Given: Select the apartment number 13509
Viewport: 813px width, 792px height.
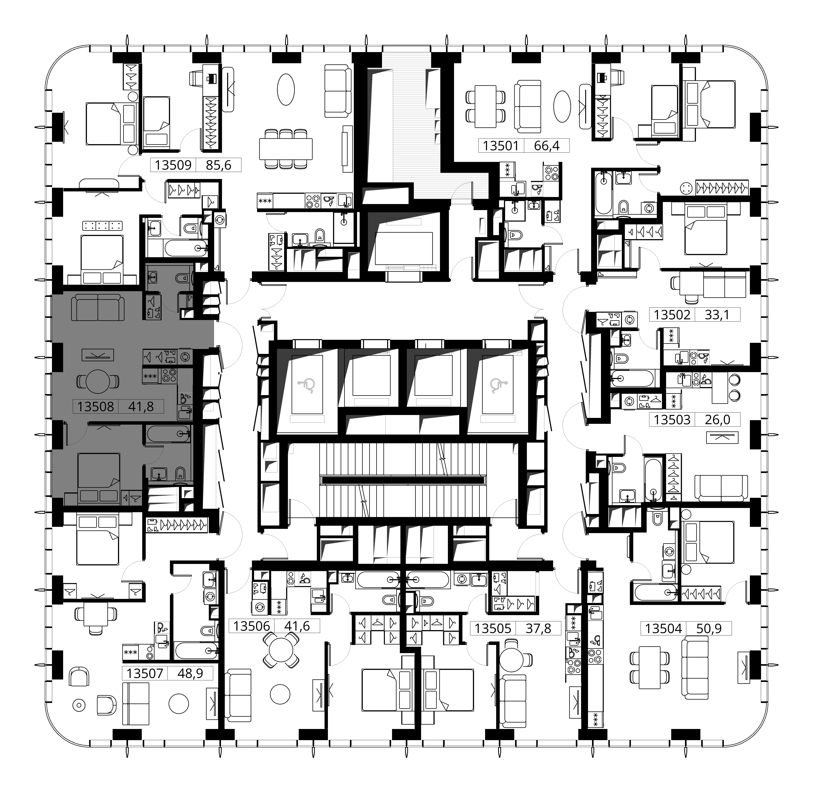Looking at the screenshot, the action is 173,165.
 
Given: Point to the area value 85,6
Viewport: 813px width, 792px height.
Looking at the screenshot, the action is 218,165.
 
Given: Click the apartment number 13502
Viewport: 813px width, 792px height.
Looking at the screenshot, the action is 672,314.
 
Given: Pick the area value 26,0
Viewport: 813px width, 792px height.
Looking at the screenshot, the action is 717,419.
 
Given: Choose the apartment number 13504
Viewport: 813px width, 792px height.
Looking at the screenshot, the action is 664,628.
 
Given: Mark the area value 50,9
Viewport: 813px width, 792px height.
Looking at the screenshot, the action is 709,628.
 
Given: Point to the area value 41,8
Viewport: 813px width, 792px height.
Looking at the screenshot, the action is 141,406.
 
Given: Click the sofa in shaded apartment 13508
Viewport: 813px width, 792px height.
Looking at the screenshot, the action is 98,307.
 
